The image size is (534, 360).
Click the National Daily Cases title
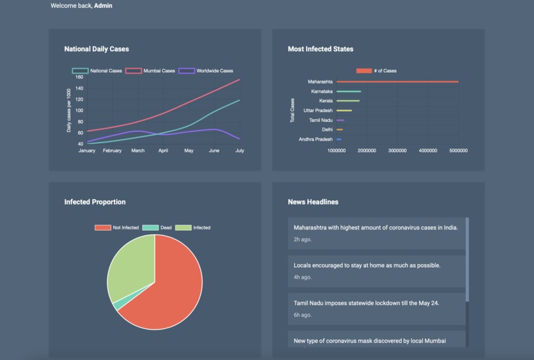click(x=96, y=49)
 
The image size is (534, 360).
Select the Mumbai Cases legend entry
click(x=150, y=71)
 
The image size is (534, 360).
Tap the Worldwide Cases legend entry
click(x=206, y=71)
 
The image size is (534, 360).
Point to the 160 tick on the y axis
click(x=79, y=77)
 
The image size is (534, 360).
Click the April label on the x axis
click(x=163, y=150)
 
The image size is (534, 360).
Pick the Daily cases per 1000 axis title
click(x=68, y=110)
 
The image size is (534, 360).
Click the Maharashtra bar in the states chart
click(x=398, y=82)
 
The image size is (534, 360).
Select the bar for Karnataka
click(x=348, y=91)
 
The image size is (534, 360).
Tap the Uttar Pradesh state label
click(x=318, y=111)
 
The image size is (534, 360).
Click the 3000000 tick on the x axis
click(x=397, y=150)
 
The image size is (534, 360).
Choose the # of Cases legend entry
click(x=376, y=71)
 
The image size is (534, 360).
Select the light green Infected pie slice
click(x=129, y=265)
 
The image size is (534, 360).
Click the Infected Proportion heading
click(x=95, y=202)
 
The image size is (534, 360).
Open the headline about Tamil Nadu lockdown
click(x=366, y=303)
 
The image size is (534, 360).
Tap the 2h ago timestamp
click(x=303, y=239)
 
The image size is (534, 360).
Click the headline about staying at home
click(x=367, y=265)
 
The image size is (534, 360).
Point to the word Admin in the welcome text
click(x=103, y=6)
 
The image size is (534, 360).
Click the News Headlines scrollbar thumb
click(x=467, y=259)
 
